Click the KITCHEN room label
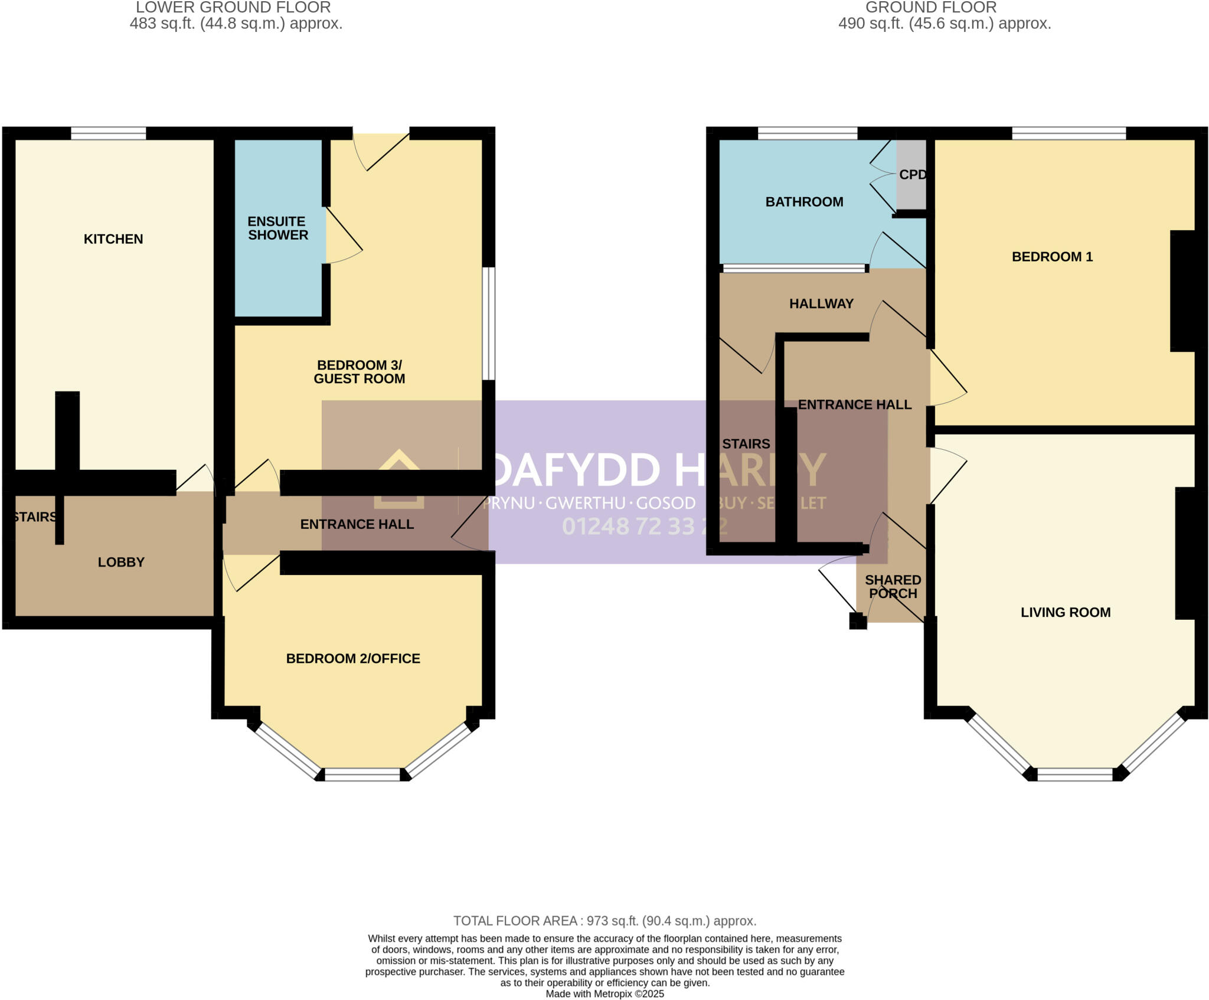coord(113,239)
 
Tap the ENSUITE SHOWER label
coord(277,228)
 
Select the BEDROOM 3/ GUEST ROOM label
coord(359,372)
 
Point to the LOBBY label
coord(121,562)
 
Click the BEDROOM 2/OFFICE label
coord(353,658)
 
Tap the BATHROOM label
coord(804,202)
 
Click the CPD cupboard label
coord(912,175)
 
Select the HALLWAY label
coord(821,303)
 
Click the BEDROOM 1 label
coord(1052,257)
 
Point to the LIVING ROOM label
coord(1066,612)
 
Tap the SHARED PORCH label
coord(893,587)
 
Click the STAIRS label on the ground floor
coord(746,444)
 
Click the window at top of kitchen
coord(109,133)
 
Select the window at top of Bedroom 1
coord(1069,133)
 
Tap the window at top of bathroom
coord(807,133)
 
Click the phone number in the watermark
coord(643,526)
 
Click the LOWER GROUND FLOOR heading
coord(233,8)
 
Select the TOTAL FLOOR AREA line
coord(604,921)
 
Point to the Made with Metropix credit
coord(604,994)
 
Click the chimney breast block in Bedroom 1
coord(1183,290)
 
